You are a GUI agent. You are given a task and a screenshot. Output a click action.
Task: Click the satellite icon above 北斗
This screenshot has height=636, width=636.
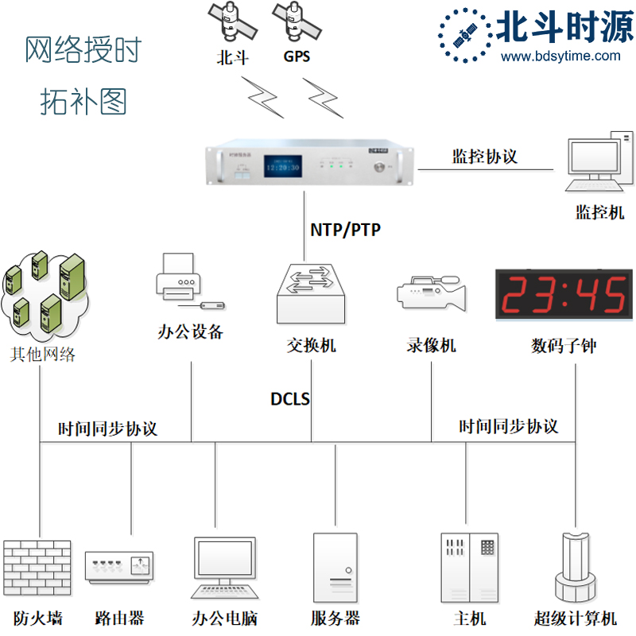(x=232, y=21)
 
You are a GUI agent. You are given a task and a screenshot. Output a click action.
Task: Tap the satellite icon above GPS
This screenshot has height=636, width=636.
(x=296, y=21)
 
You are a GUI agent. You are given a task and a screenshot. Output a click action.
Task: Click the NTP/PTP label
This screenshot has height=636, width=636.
(x=345, y=231)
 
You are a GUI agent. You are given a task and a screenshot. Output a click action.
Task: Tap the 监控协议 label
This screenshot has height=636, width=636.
(x=485, y=156)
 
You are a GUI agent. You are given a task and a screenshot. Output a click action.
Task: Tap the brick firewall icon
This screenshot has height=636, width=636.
(x=37, y=569)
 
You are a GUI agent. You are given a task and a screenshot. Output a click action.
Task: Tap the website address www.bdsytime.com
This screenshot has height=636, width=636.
(x=561, y=56)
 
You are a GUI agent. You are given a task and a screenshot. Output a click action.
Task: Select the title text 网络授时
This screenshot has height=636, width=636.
(x=83, y=51)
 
